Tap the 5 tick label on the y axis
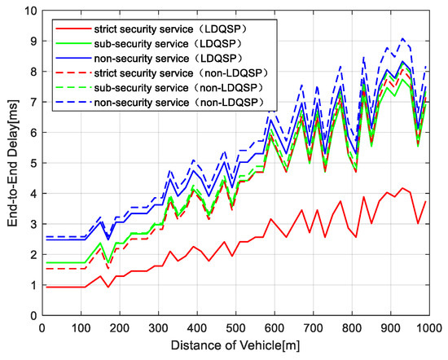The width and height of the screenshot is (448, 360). coord(31,163)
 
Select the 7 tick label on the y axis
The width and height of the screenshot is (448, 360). coord(31,102)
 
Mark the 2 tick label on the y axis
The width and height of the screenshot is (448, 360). coord(31,254)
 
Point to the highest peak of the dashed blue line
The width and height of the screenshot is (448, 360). coord(402,38)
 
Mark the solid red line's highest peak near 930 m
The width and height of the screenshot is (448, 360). coord(402,188)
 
